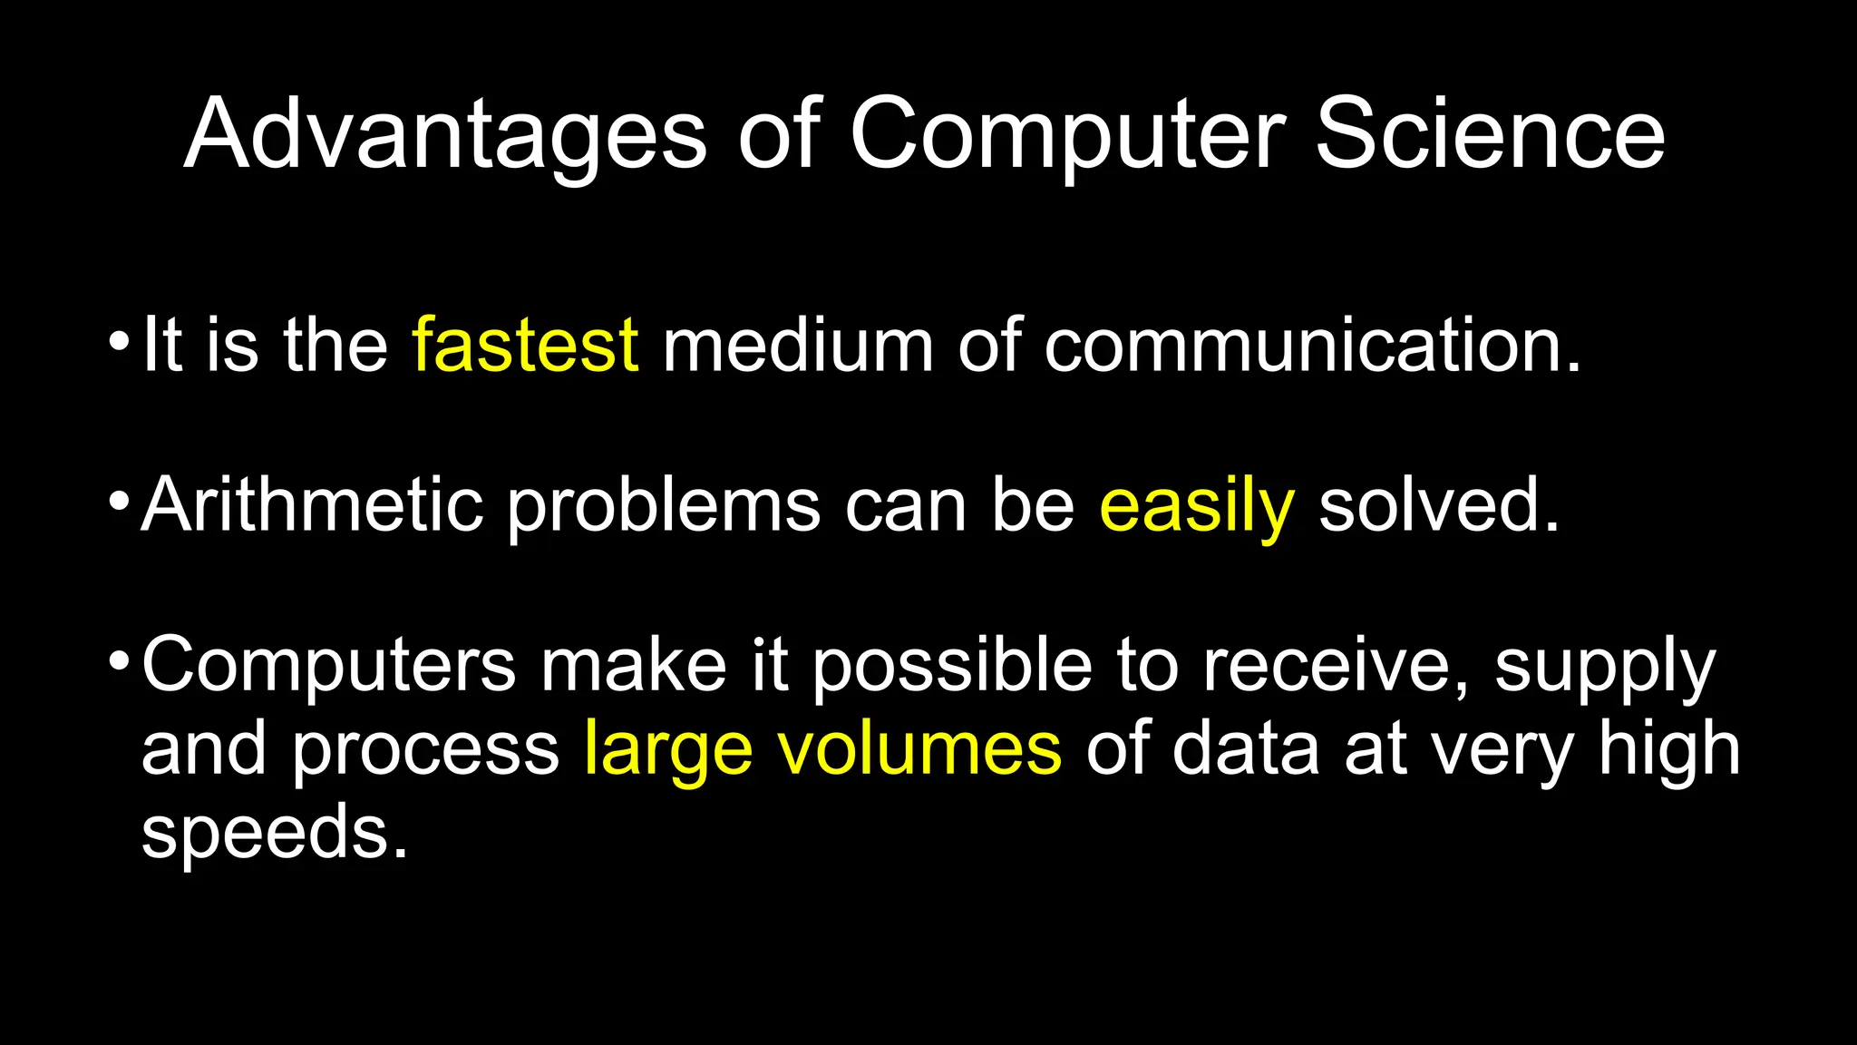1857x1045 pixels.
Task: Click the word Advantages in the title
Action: [x=444, y=136]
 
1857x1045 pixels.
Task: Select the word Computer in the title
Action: [x=1067, y=136]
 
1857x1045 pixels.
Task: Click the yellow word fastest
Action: [x=525, y=346]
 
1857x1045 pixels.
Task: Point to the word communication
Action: [x=1312, y=346]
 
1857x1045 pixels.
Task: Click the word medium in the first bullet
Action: [x=798, y=346]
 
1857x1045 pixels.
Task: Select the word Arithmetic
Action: [x=312, y=505]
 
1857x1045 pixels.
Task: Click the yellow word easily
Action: [x=1196, y=507]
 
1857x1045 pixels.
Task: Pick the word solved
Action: [x=1438, y=505]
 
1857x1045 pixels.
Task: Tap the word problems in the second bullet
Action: [x=664, y=507]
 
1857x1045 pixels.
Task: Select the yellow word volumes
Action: [x=919, y=749]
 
